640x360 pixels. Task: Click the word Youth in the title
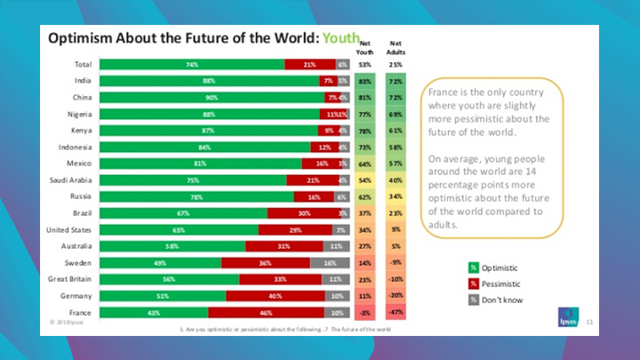pos(341,39)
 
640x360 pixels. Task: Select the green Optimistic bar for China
pos(212,97)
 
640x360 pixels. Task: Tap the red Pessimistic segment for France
pos(268,313)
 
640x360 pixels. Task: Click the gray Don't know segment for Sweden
pos(330,264)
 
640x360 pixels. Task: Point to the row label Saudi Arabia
pos(71,180)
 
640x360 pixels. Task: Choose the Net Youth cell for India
pos(364,81)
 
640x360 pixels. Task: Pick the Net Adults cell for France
pos(396,313)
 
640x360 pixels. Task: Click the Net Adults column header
pos(396,46)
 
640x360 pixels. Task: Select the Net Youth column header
pos(364,46)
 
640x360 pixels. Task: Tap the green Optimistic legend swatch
pos(475,268)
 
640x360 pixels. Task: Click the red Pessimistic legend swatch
pos(475,284)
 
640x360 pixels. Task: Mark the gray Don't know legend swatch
pos(475,300)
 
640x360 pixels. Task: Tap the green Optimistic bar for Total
pos(192,64)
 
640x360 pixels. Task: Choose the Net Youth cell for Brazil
pos(364,213)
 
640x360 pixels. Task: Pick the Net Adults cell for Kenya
pos(396,131)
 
